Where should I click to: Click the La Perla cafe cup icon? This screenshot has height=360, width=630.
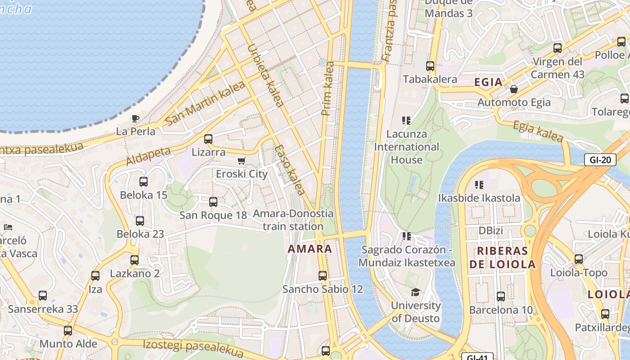click(135, 118)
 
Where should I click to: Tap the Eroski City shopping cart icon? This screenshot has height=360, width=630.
click(242, 161)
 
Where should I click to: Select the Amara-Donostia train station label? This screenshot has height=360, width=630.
click(293, 220)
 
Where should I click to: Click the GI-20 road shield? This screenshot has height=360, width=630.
click(600, 160)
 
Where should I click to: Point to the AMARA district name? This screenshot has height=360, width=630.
click(310, 249)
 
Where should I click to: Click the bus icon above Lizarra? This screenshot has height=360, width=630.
click(208, 139)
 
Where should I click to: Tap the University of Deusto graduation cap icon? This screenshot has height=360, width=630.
click(415, 292)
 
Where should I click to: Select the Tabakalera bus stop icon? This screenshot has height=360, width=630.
click(430, 66)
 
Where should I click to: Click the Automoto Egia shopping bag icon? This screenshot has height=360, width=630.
click(513, 89)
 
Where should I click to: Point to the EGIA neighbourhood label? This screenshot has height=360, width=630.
click(488, 82)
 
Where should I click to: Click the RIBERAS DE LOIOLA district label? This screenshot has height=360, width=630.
click(503, 257)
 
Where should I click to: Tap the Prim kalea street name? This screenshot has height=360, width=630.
click(328, 89)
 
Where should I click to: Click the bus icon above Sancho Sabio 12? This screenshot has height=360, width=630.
click(323, 276)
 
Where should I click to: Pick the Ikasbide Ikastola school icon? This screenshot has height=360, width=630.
click(479, 184)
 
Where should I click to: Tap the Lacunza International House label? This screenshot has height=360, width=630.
click(407, 147)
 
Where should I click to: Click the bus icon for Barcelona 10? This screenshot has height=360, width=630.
click(500, 297)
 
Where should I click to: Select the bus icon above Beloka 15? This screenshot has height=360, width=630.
click(144, 182)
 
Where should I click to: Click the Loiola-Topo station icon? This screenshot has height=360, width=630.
click(579, 259)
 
